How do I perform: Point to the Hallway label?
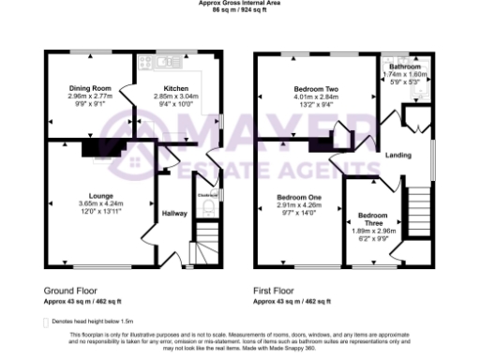point(176,214)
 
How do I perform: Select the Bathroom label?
point(405,67)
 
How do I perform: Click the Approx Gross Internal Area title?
point(239,3)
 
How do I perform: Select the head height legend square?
point(47,321)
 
